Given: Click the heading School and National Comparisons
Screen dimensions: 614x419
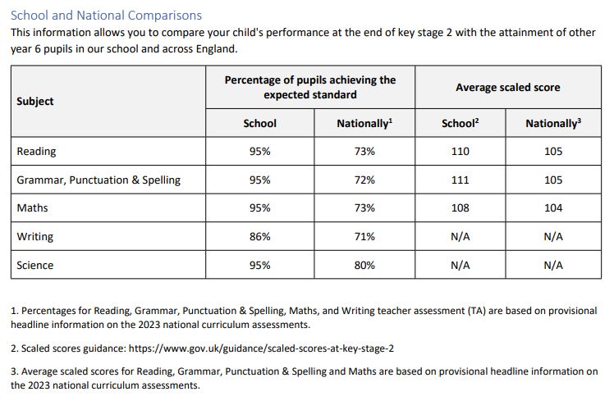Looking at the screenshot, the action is (106, 16).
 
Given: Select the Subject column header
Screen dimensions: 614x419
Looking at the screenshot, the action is (34, 102).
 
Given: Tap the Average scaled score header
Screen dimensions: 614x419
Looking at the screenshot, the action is (508, 87).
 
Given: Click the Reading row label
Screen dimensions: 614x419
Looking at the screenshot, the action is (36, 152).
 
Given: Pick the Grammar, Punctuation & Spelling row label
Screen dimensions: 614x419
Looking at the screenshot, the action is (99, 180).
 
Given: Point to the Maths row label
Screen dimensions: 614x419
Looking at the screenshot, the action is (33, 207).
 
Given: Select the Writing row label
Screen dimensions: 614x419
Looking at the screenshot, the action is (34, 237).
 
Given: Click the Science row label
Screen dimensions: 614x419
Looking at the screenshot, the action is (34, 265).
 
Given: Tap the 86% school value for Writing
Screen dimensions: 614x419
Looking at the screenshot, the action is (260, 237).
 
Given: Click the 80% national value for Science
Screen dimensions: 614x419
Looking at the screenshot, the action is (364, 265).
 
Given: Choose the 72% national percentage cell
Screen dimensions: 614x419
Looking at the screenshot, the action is (364, 180).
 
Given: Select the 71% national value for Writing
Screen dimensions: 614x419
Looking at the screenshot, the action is (364, 237).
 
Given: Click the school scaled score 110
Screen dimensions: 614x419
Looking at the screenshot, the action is (460, 152).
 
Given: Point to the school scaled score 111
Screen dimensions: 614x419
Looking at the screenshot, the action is (460, 180).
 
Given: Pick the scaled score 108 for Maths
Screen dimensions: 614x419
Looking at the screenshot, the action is (460, 207).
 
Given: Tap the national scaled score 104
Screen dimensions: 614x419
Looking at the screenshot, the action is (553, 207).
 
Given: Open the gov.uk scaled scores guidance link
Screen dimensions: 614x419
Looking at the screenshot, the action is (261, 348).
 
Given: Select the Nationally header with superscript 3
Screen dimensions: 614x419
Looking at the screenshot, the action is (553, 123).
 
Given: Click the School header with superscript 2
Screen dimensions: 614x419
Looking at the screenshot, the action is (460, 123).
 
